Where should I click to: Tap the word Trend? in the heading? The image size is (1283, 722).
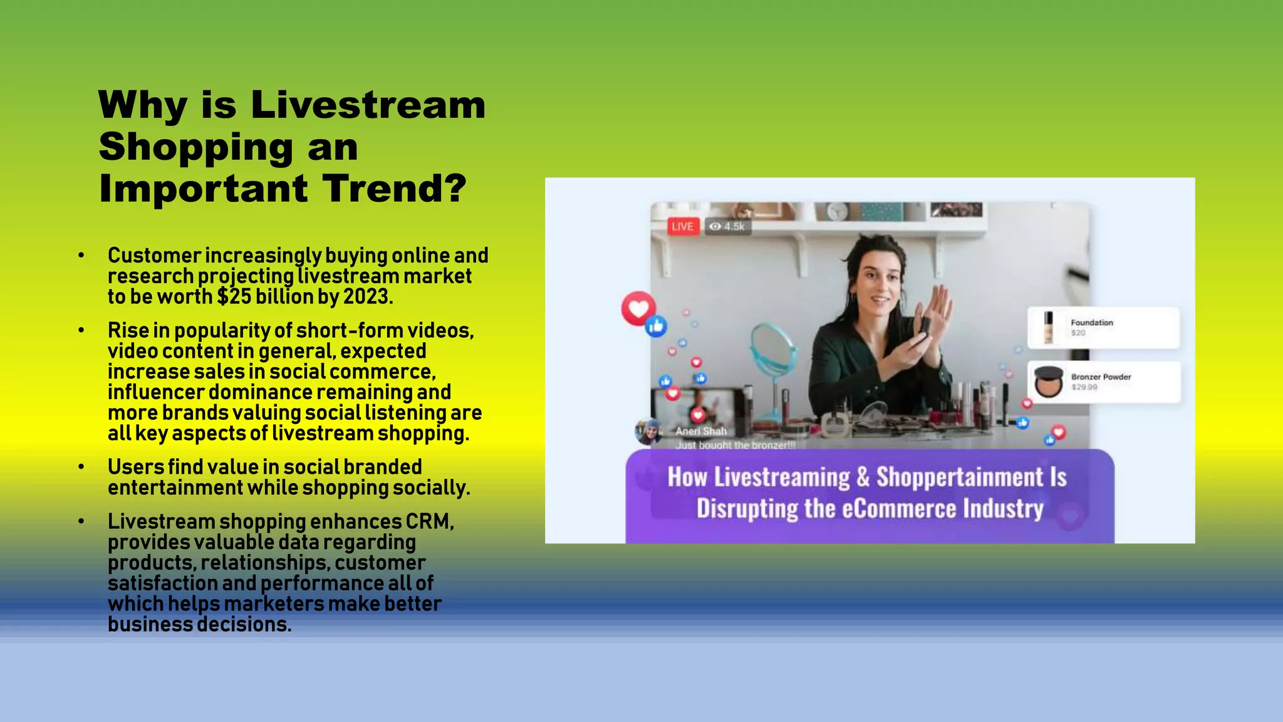(395, 188)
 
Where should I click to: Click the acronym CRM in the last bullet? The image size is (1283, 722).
(429, 521)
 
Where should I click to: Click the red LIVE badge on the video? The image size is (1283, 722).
(682, 226)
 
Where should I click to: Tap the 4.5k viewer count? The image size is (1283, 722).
(728, 226)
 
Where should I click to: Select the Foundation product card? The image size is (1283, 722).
(1103, 327)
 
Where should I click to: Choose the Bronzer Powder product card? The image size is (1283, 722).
(1104, 382)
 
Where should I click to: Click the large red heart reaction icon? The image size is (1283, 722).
(638, 308)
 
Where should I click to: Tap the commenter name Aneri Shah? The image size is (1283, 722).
(701, 431)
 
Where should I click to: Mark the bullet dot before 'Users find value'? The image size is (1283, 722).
(81, 467)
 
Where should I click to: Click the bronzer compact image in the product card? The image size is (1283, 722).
(1049, 382)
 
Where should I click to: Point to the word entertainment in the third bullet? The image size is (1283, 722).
(175, 488)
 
